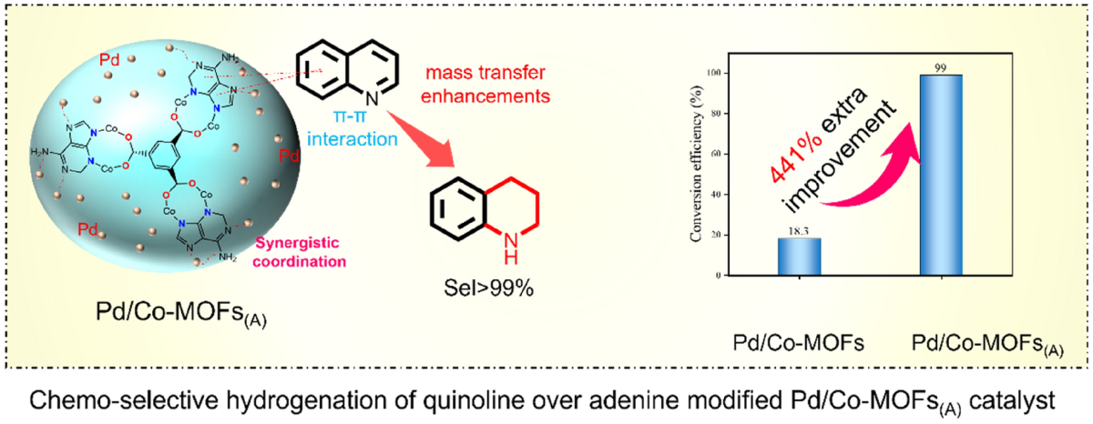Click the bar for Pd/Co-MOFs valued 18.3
[798, 256]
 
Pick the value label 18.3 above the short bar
[798, 231]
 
